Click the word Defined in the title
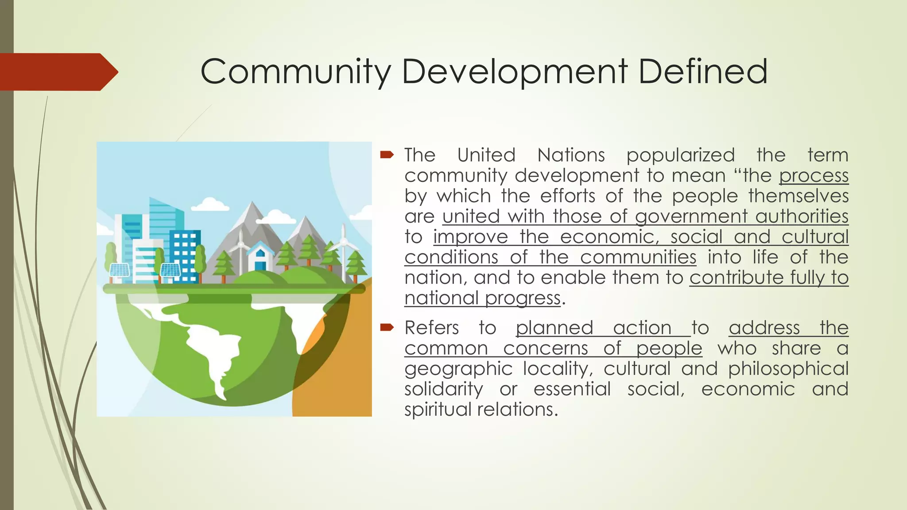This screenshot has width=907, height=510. [703, 71]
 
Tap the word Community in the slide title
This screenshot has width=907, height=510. [296, 72]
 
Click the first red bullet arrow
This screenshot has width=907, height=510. [387, 155]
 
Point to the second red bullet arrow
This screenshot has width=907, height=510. [387, 327]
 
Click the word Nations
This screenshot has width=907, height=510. [571, 155]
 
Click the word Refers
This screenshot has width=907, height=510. [432, 328]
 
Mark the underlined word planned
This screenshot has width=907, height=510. [554, 328]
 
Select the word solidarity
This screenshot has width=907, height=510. [443, 389]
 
